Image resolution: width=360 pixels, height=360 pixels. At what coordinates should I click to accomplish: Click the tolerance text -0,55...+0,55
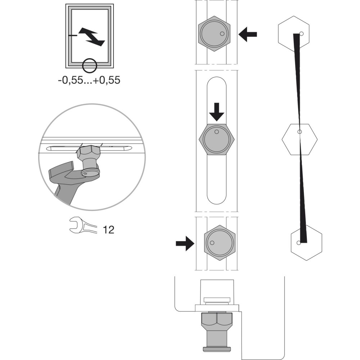[x=89, y=80]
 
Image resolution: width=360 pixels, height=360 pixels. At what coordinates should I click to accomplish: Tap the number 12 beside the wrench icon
[x=108, y=229]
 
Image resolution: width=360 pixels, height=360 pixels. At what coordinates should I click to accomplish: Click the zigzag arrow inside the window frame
[x=92, y=37]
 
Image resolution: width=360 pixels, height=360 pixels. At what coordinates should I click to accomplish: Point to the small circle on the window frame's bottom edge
[x=90, y=66]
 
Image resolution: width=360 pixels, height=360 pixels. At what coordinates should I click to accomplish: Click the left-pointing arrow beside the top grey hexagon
[x=248, y=35]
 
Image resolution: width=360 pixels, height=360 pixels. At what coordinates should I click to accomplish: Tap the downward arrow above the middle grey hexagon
[x=216, y=112]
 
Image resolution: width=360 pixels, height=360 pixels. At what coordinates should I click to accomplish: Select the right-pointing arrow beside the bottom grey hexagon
[x=185, y=243]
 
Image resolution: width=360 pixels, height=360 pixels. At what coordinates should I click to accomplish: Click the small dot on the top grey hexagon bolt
[x=222, y=33]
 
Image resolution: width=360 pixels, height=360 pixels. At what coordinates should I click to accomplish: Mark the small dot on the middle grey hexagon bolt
[x=216, y=132]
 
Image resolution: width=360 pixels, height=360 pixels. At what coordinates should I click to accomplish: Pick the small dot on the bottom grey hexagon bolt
[x=212, y=243]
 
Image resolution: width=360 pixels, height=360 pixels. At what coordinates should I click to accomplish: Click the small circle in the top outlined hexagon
[x=302, y=34]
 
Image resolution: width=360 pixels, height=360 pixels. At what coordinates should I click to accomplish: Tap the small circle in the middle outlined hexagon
[x=300, y=132]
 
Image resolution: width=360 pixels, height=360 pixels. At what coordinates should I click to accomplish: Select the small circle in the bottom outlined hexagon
[x=299, y=243]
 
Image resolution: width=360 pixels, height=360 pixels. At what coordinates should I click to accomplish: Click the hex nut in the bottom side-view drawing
[x=217, y=321]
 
